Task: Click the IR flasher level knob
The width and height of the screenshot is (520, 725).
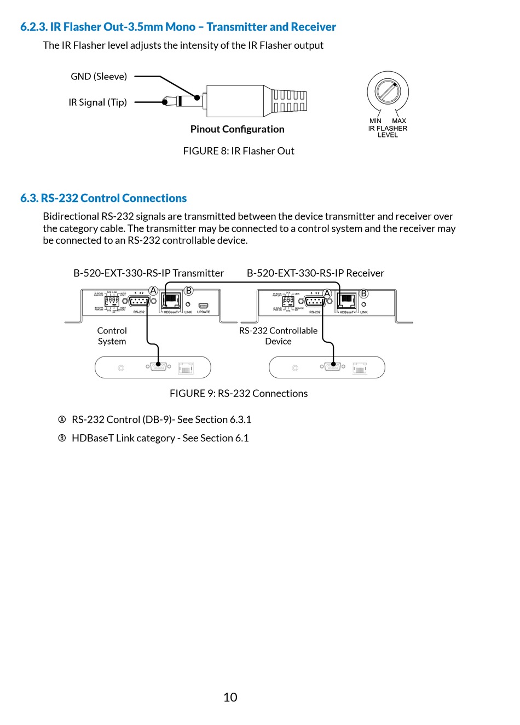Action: click(388, 91)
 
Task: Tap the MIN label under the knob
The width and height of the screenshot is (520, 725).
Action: click(375, 121)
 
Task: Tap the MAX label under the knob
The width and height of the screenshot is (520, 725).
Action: click(399, 121)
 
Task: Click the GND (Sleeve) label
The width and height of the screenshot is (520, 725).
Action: click(99, 77)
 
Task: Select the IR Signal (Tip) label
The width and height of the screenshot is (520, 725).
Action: click(97, 102)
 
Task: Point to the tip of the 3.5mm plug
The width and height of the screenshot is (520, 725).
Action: click(165, 101)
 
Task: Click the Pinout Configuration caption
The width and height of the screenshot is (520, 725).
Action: click(237, 129)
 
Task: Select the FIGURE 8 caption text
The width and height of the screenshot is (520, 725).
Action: click(239, 151)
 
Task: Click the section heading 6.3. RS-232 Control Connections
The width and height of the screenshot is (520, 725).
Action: click(103, 198)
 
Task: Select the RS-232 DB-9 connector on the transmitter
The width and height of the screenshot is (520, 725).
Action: click(139, 301)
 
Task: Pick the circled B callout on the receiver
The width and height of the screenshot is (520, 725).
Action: click(363, 294)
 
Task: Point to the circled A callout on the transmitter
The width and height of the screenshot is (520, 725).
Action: click(153, 291)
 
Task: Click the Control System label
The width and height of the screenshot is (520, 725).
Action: click(112, 336)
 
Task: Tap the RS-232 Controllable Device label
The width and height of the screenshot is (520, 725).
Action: click(278, 336)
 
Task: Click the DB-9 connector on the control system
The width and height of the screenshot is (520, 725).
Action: click(159, 366)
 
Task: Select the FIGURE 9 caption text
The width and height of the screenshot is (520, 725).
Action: click(239, 393)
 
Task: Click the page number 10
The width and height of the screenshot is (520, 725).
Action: click(230, 697)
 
